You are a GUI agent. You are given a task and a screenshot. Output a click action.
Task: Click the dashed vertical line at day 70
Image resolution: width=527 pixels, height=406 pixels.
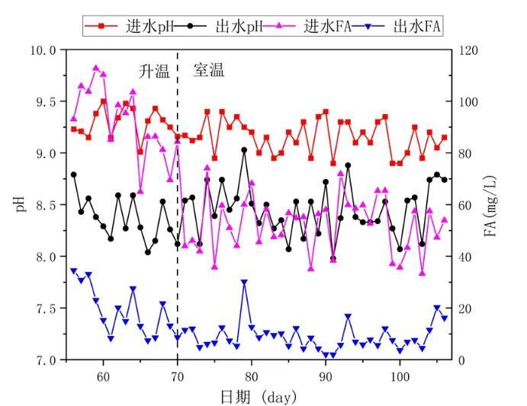(178, 229)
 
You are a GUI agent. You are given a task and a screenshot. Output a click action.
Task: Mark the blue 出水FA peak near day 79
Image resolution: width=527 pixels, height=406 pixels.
(244, 283)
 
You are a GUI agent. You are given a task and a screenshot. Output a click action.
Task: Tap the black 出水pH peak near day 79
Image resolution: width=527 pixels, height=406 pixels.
(244, 150)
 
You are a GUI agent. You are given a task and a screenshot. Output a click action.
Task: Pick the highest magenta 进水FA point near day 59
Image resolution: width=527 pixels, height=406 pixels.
(96, 68)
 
